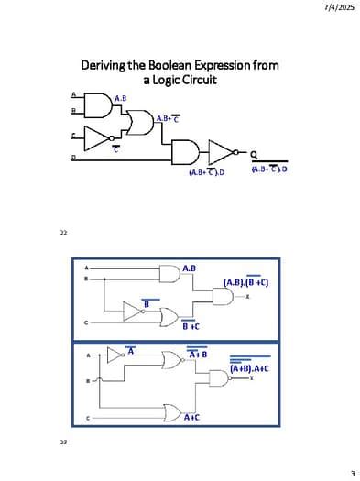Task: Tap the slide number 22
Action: (x=63, y=233)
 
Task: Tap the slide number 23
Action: (x=63, y=443)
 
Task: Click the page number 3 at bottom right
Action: (x=352, y=473)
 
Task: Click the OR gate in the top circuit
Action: (x=142, y=122)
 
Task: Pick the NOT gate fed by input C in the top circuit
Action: (x=96, y=138)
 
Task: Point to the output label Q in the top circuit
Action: (x=254, y=153)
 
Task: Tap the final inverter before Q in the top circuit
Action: (x=221, y=152)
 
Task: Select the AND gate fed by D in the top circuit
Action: (x=186, y=152)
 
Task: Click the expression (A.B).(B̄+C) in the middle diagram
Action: (x=245, y=282)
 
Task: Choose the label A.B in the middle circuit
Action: (x=189, y=268)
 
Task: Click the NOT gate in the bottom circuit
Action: (x=116, y=355)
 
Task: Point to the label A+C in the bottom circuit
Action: (x=191, y=417)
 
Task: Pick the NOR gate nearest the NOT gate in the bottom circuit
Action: (x=171, y=359)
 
